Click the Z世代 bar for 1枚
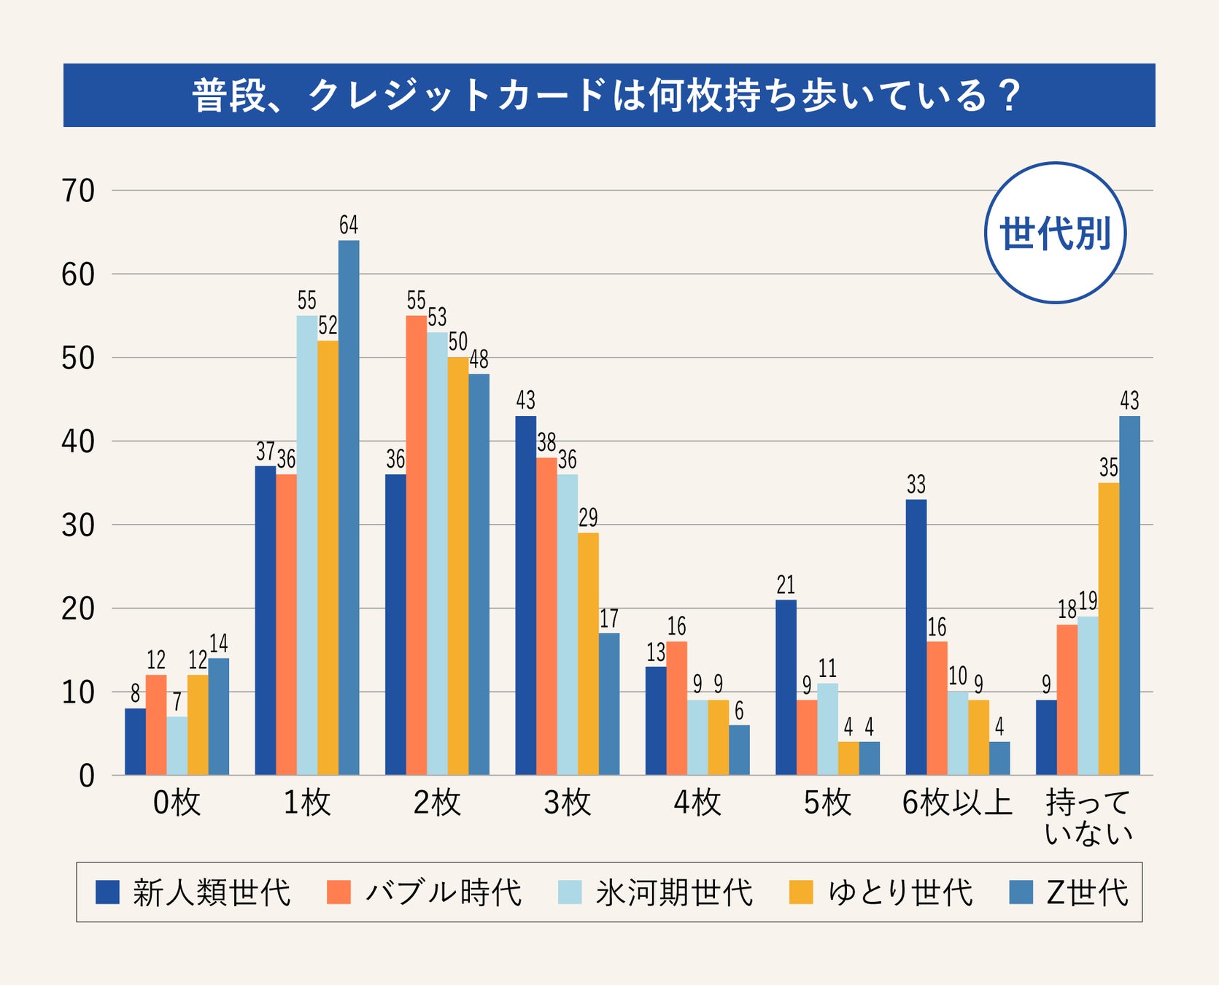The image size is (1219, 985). click(349, 507)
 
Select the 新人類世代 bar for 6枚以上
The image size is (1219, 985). click(916, 637)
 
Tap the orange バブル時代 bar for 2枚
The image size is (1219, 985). click(417, 545)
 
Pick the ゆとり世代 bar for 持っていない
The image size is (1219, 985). click(1109, 628)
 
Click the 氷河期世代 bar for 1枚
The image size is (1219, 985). click(307, 545)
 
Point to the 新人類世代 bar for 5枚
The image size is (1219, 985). click(786, 687)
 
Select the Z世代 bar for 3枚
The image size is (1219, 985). click(609, 703)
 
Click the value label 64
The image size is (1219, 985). click(349, 225)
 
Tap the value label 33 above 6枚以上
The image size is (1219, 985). click(916, 484)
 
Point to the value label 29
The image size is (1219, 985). click(588, 517)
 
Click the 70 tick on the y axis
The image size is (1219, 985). click(78, 191)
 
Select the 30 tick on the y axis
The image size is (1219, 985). click(78, 525)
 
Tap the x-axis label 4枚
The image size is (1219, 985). click(697, 803)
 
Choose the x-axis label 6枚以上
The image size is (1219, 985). click(957, 803)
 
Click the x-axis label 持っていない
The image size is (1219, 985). click(1088, 817)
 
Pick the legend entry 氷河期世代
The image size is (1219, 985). click(674, 892)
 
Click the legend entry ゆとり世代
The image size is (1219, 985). click(900, 892)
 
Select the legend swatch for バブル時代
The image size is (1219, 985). click(339, 892)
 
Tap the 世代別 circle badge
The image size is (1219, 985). click(1055, 233)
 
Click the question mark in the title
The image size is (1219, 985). click(1010, 96)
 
